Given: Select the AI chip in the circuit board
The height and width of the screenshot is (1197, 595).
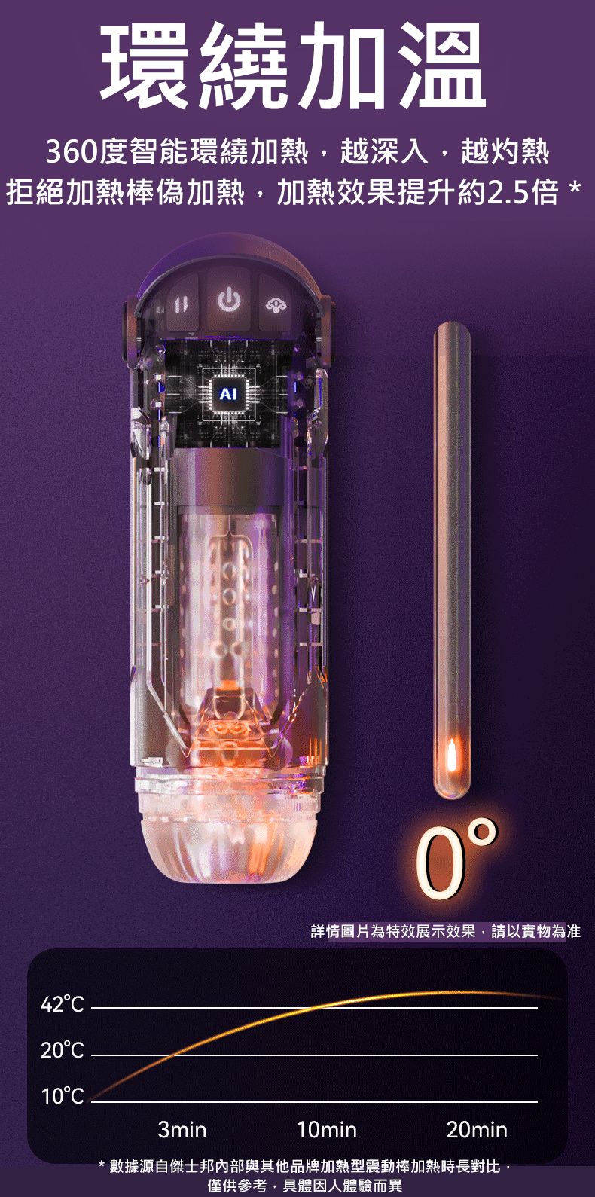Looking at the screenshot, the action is [228, 395].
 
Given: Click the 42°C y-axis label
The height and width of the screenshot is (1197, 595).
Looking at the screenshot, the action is [63, 1005].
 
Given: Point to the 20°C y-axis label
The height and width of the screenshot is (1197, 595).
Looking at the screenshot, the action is [63, 1051].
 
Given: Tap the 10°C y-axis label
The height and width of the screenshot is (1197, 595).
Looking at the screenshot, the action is [63, 1097].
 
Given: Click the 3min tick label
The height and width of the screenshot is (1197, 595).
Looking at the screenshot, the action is [182, 1130].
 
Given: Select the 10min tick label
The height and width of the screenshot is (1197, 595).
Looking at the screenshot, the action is [326, 1130].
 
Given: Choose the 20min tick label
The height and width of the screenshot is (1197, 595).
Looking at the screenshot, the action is [477, 1130].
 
